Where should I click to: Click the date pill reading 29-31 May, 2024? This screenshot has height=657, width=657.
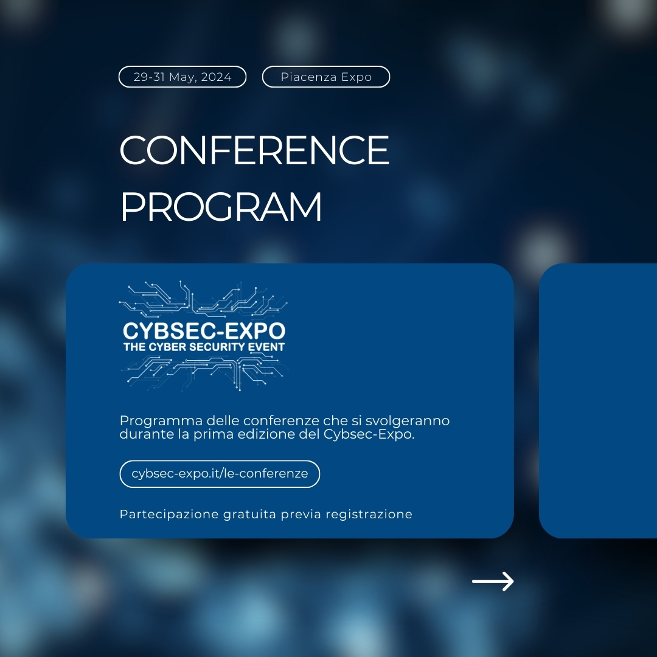(182, 77)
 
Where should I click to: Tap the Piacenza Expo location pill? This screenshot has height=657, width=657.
(326, 77)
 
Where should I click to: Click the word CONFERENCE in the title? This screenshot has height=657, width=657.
(254, 151)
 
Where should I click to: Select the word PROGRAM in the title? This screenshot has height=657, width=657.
(221, 207)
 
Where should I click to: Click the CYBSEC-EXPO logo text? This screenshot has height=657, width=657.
(204, 332)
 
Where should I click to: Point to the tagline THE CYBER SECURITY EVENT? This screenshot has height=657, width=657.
(204, 347)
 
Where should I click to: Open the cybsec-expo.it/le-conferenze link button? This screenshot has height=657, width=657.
(220, 474)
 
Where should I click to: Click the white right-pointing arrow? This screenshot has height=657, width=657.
(493, 582)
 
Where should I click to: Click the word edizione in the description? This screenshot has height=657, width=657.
(267, 435)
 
